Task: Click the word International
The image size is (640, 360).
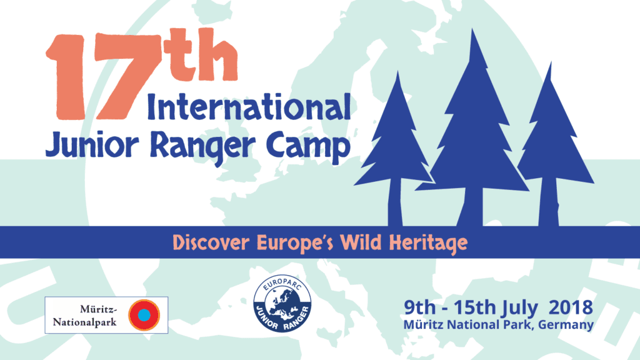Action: tap(249, 107)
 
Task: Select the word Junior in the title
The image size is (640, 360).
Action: tap(92, 145)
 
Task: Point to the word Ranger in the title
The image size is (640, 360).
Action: tap(203, 147)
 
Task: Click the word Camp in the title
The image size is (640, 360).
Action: tap(308, 147)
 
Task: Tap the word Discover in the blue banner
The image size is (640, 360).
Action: tap(211, 242)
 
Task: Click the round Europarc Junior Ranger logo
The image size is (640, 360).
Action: tap(282, 303)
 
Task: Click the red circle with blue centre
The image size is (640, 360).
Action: tap(144, 315)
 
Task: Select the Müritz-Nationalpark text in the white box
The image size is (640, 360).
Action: tap(85, 316)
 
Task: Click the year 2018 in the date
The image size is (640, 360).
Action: tap(571, 307)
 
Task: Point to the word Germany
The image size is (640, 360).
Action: tap(566, 325)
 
